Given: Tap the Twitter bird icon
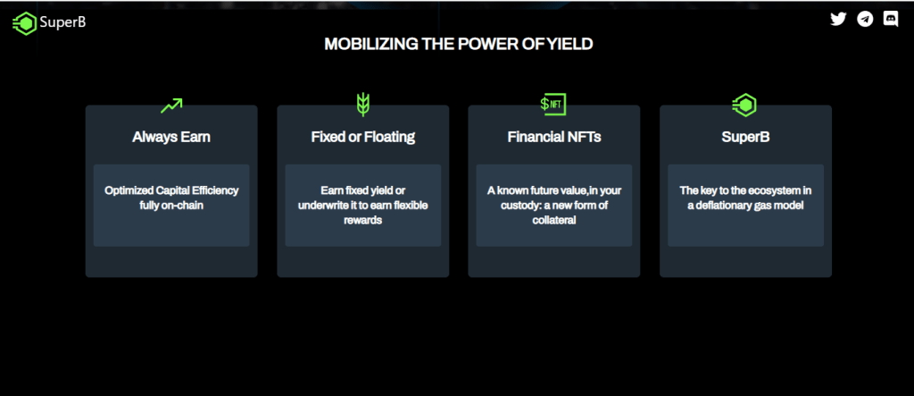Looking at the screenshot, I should tap(838, 19).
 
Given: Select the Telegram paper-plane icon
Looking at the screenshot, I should tap(864, 19).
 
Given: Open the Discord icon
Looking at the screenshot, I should tap(890, 19).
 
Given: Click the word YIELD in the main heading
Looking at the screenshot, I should tap(569, 44).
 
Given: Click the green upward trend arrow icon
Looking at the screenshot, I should tap(171, 105).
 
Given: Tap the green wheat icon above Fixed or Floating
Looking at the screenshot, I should tap(362, 104).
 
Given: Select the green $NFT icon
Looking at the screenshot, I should tap(553, 104).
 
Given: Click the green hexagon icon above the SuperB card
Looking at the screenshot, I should tap(744, 105).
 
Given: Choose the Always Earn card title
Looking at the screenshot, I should tap(171, 138).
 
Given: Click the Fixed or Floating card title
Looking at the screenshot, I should tap(362, 138).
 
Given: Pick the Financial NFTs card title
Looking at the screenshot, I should tap(553, 138).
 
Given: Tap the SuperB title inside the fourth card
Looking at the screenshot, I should tap(744, 138).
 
